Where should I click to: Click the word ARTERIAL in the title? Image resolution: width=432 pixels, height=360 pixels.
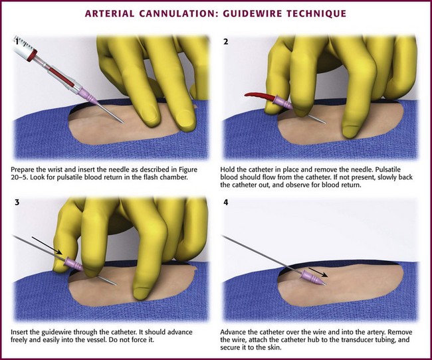pyautogui.click(x=110, y=13)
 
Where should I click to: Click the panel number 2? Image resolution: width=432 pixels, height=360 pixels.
pyautogui.click(x=226, y=42)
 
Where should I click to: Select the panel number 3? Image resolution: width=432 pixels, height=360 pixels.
pyautogui.click(x=17, y=203)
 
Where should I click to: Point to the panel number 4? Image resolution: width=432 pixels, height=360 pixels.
pyautogui.click(x=226, y=203)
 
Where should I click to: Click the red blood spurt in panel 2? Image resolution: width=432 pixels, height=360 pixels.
pyautogui.click(x=259, y=96)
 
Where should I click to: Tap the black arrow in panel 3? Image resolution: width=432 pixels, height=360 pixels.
pyautogui.click(x=47, y=245)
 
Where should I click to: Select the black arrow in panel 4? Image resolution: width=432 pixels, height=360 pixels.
pyautogui.click(x=318, y=272)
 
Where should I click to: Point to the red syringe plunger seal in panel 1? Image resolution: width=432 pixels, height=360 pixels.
pyautogui.click(x=32, y=55)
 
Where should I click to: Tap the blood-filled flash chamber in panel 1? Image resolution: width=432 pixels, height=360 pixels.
pyautogui.click(x=61, y=76)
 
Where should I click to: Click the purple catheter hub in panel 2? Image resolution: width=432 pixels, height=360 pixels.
pyautogui.click(x=282, y=102)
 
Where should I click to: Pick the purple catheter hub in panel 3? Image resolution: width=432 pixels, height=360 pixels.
pyautogui.click(x=74, y=264)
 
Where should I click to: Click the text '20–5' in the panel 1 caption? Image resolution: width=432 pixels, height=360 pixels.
pyautogui.click(x=19, y=177)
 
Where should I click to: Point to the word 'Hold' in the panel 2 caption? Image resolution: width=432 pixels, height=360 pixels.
pyautogui.click(x=227, y=169)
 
